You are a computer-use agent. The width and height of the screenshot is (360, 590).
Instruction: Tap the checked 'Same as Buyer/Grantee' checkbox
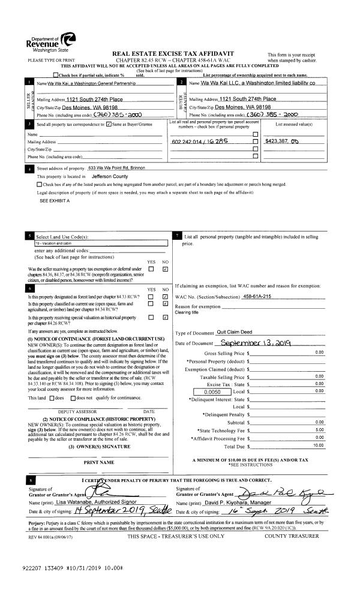tap(108, 124)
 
